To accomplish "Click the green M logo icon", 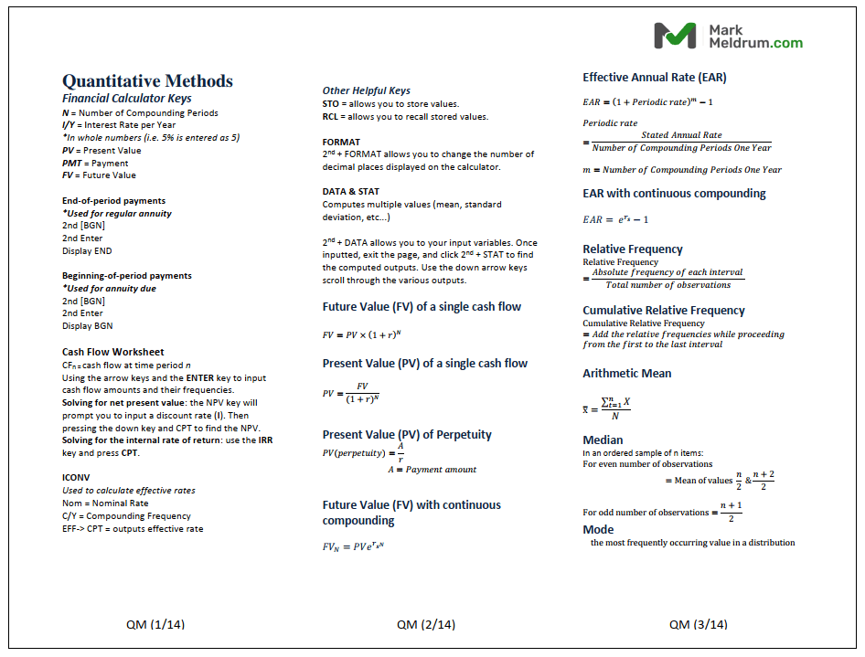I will click(x=675, y=36).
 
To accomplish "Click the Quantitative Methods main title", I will click(x=147, y=80).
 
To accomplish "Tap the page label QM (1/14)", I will click(x=155, y=625).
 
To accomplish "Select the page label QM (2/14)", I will click(x=426, y=625).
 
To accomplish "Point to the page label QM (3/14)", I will click(x=699, y=625).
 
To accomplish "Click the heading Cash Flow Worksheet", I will click(x=113, y=352).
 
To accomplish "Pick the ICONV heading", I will click(x=76, y=477).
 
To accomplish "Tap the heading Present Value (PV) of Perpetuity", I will click(x=407, y=435).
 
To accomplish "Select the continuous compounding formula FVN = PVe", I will click(x=353, y=546).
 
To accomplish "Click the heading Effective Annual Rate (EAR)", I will click(x=655, y=78).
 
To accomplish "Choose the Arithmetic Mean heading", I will click(x=627, y=373).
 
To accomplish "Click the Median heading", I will click(x=603, y=440).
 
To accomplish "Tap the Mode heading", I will click(x=599, y=529).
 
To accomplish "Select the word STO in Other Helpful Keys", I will click(x=331, y=104).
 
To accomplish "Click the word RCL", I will click(x=331, y=117).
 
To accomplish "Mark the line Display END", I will click(x=87, y=251).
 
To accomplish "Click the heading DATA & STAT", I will click(x=351, y=192).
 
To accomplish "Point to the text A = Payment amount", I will click(x=432, y=470).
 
